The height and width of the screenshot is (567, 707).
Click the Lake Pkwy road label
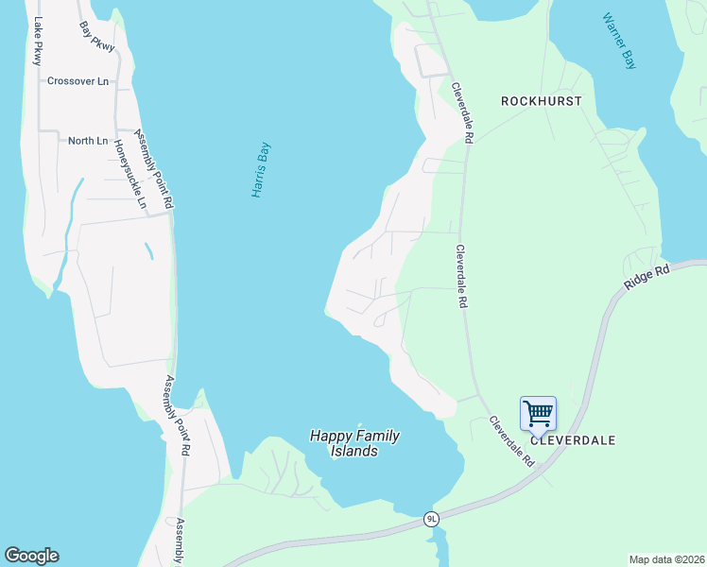pyautogui.click(x=38, y=42)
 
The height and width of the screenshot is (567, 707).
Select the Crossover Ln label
pyautogui.click(x=78, y=81)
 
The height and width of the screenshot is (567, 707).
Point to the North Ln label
pyautogui.click(x=88, y=141)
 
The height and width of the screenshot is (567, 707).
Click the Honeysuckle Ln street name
pyautogui.click(x=130, y=175)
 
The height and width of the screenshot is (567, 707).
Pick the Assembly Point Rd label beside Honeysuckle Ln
pyautogui.click(x=154, y=169)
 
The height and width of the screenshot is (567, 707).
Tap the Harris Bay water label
pyautogui.click(x=262, y=170)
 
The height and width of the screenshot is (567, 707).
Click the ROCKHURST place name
pyautogui.click(x=542, y=100)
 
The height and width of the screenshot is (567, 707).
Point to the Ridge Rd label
pyautogui.click(x=647, y=277)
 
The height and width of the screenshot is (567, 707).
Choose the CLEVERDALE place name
pyautogui.click(x=573, y=440)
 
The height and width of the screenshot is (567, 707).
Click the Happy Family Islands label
pyautogui.click(x=355, y=443)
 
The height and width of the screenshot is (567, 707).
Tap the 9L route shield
pyautogui.click(x=431, y=518)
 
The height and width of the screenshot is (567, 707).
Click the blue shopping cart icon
pyautogui.click(x=538, y=412)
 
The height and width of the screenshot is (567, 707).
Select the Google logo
pyautogui.click(x=31, y=556)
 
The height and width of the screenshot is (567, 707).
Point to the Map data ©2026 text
pyautogui.click(x=667, y=558)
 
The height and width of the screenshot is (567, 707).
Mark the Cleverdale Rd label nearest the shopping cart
pyautogui.click(x=512, y=441)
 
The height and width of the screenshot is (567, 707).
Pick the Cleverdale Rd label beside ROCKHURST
pyautogui.click(x=461, y=112)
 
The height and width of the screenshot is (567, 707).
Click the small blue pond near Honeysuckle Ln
pyautogui.click(x=148, y=250)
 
